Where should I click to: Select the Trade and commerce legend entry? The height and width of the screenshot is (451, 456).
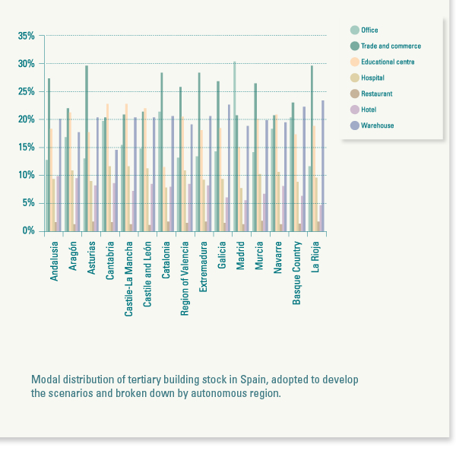tap(388, 46)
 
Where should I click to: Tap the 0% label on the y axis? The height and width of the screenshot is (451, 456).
tap(28, 230)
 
